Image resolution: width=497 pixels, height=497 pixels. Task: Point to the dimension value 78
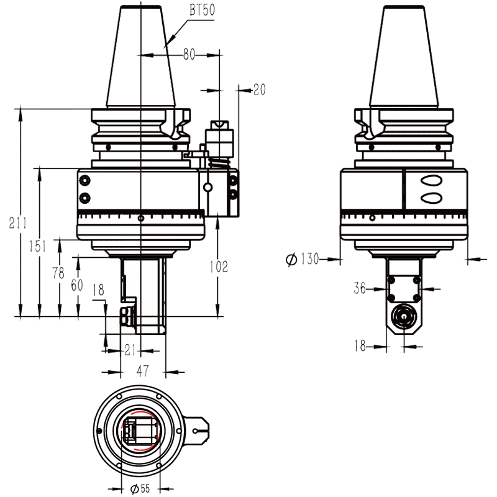point(59,274)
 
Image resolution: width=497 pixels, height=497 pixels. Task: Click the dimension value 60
point(78,285)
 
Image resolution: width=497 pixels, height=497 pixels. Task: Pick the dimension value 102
point(217,267)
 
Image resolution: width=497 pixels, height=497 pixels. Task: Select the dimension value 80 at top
point(189,55)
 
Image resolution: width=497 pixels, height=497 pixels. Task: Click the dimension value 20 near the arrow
point(259,90)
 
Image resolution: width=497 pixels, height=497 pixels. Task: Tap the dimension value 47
point(143,372)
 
